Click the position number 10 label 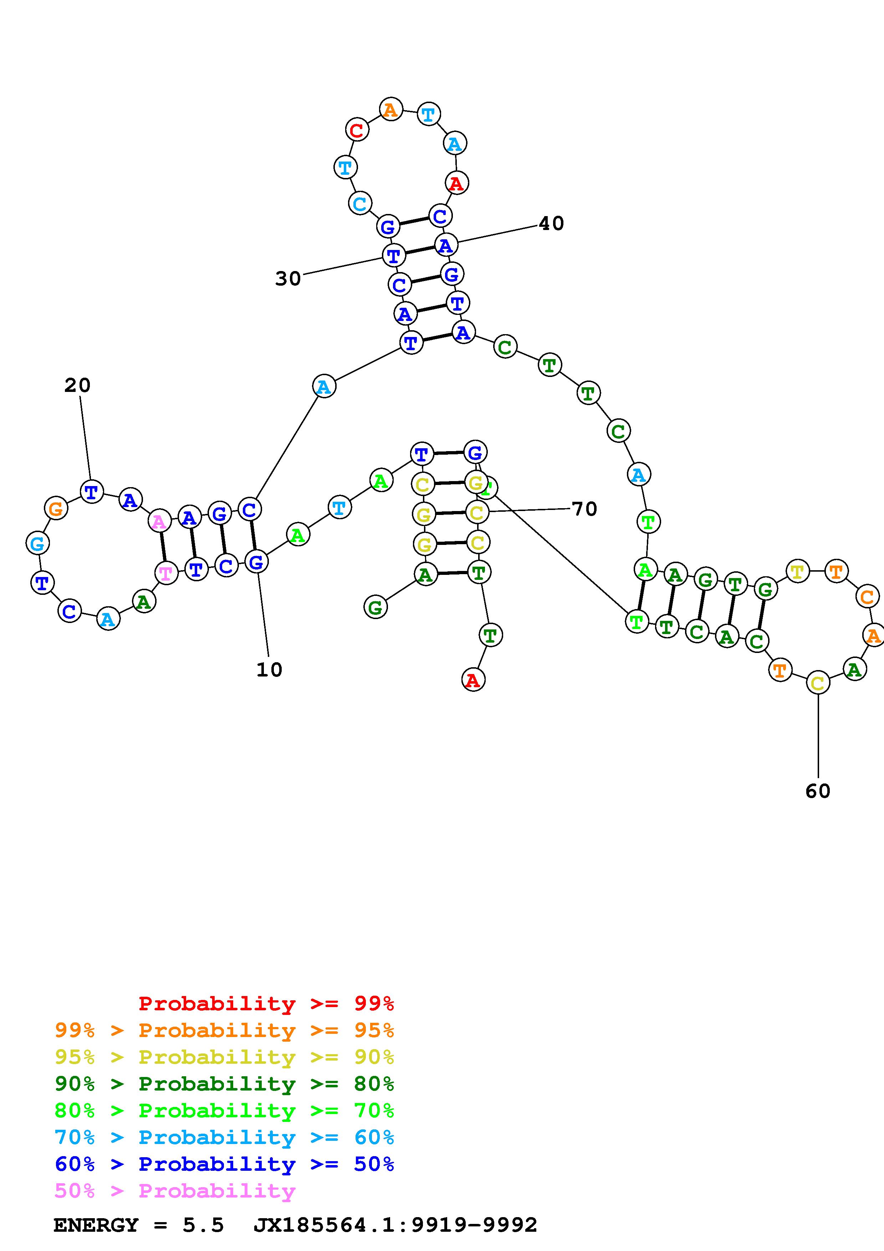click(x=269, y=670)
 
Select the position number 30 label click(x=287, y=279)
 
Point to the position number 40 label click(x=551, y=223)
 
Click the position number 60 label click(x=818, y=791)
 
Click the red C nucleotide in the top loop click(x=357, y=130)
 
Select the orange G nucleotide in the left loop click(x=56, y=509)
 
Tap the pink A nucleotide click(x=159, y=521)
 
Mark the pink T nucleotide click(x=166, y=573)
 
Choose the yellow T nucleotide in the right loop click(x=797, y=572)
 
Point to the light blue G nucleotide click(x=37, y=543)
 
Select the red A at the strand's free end click(x=473, y=680)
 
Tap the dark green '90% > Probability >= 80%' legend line click(x=224, y=1084)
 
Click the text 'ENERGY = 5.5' click(x=138, y=1225)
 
